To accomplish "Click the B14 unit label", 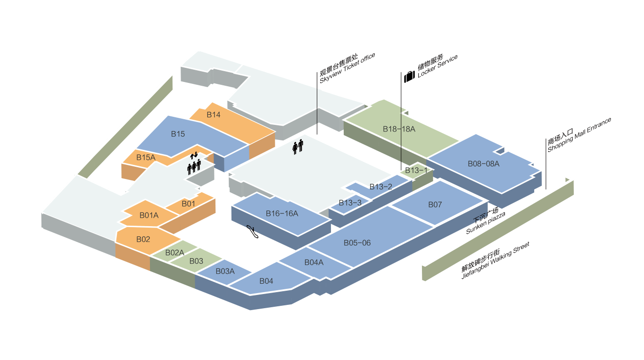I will pyautogui.click(x=214, y=115).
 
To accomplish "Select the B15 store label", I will pyautogui.click(x=178, y=134).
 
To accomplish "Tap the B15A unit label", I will pyautogui.click(x=146, y=157).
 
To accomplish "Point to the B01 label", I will pyautogui.click(x=188, y=204).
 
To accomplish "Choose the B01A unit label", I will pyautogui.click(x=149, y=216).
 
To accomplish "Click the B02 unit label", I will pyautogui.click(x=143, y=239).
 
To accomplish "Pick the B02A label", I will pyautogui.click(x=174, y=253).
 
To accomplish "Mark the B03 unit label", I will pyautogui.click(x=196, y=261).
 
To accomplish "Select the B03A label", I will pyautogui.click(x=225, y=271).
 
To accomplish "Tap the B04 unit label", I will pyautogui.click(x=266, y=281).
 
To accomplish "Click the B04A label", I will pyautogui.click(x=314, y=262).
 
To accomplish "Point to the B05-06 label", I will pyautogui.click(x=357, y=243).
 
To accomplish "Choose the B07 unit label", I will pyautogui.click(x=435, y=205).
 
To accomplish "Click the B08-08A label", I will pyautogui.click(x=483, y=164).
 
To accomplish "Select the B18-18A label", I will pyautogui.click(x=399, y=129).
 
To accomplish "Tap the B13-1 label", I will pyautogui.click(x=416, y=171).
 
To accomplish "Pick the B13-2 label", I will pyautogui.click(x=380, y=187).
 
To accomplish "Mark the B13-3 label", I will pyautogui.click(x=350, y=203).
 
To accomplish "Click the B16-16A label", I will pyautogui.click(x=282, y=213).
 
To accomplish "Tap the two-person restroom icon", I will pyautogui.click(x=298, y=147).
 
